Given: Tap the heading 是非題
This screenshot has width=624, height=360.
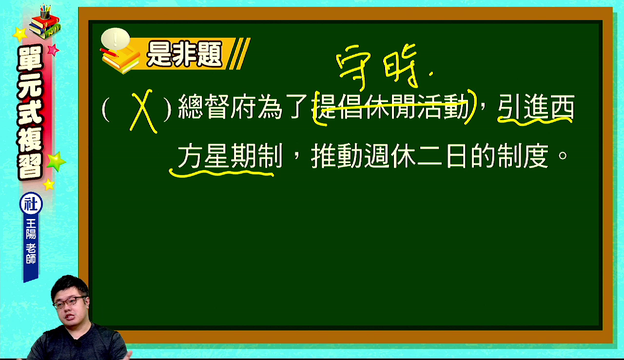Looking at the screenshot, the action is [184, 54].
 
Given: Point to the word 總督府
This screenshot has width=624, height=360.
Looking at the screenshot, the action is [217, 107].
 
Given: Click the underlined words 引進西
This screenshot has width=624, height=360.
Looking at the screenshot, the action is [536, 107].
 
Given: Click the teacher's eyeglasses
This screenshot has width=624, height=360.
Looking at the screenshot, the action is [70, 302].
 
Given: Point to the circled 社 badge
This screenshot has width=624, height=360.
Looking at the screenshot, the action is [31, 204].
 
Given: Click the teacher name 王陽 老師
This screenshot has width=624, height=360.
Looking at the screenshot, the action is [31, 241].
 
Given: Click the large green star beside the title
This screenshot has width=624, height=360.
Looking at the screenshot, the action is [56, 161].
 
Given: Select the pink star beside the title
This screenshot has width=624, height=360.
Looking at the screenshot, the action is [53, 50].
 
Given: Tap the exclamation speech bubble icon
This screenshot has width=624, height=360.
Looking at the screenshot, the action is [116, 39].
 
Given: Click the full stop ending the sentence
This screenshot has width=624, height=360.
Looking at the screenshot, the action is [563, 155].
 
